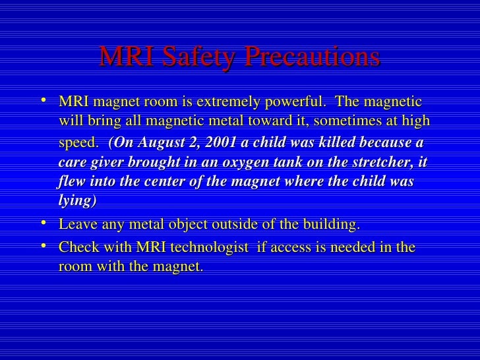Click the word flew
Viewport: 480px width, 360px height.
point(71,181)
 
